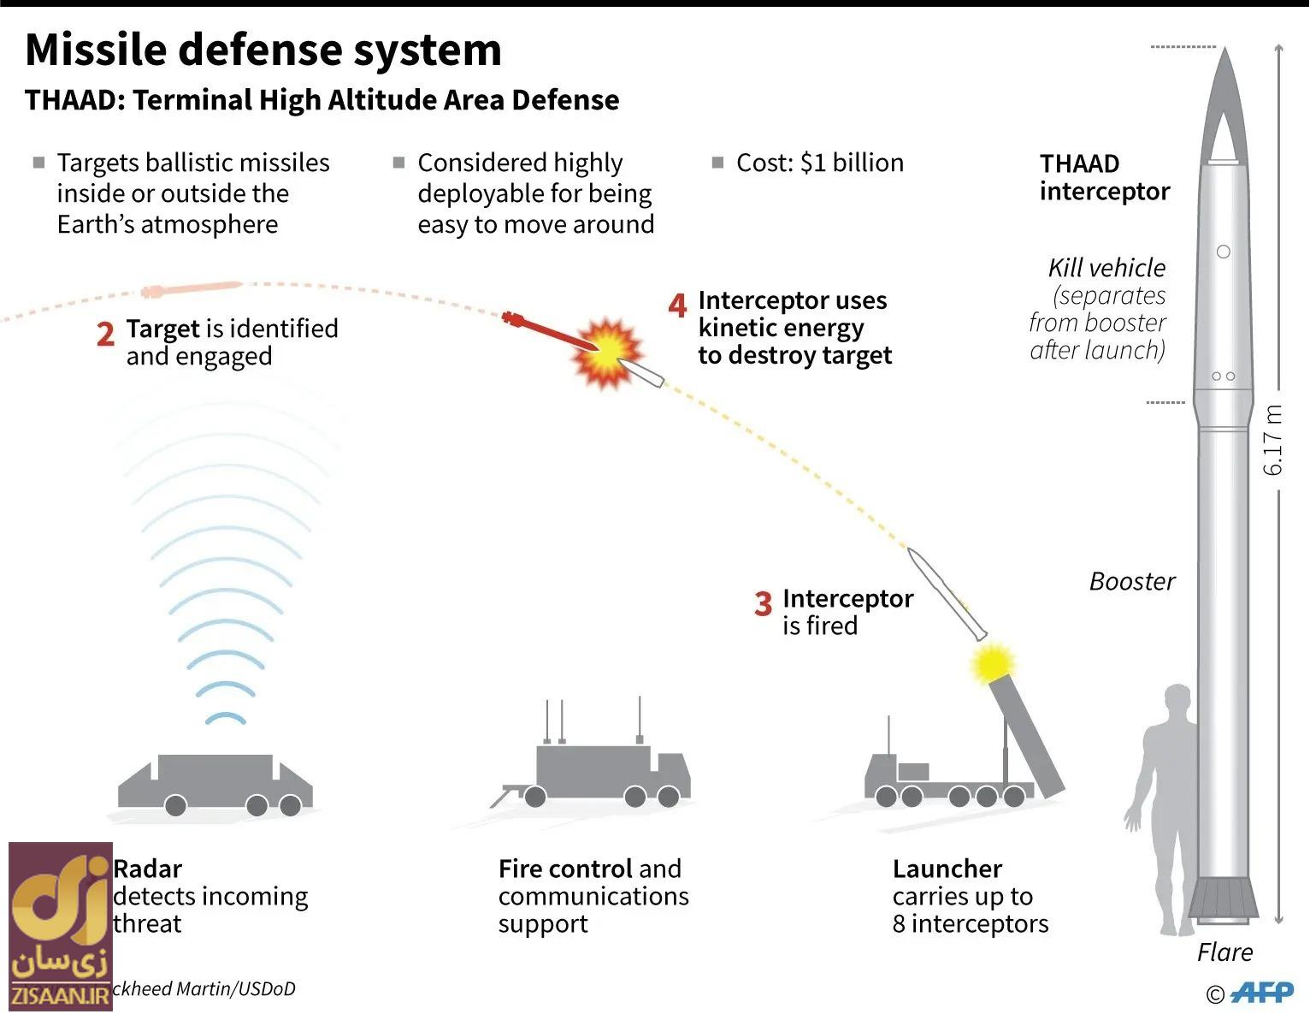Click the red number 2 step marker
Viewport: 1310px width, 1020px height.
[x=105, y=335]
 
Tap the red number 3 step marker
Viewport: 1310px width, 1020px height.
[x=763, y=604]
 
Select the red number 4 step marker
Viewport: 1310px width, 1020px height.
[x=677, y=305]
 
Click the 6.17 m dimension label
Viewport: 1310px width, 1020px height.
[x=1273, y=440]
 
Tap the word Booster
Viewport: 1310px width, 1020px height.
[x=1131, y=582]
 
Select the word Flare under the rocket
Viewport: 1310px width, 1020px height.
[x=1224, y=952]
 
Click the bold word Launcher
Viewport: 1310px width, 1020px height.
[x=947, y=869]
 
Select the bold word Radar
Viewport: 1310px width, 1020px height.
[x=148, y=869]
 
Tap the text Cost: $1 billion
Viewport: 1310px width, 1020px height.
[x=819, y=163]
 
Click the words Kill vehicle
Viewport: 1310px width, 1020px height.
[x=1106, y=269]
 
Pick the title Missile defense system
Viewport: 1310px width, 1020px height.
[x=263, y=50]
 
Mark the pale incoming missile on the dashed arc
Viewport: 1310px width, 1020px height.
[x=192, y=289]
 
